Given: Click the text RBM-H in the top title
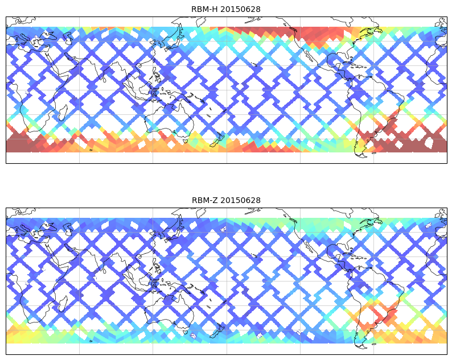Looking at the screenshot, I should [204, 9].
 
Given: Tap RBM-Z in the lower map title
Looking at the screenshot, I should [204, 200].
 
